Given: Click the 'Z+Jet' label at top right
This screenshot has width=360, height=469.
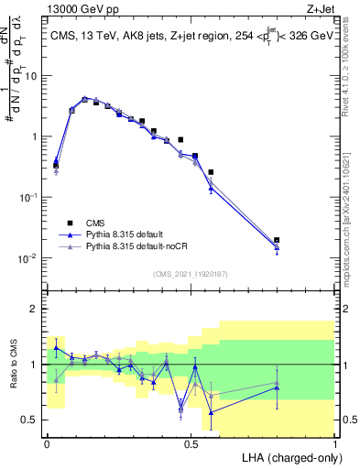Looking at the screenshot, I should (x=320, y=10).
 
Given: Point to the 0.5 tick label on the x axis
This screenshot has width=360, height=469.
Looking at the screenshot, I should (x=191, y=443).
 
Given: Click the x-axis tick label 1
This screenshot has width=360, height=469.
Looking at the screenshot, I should (x=335, y=443).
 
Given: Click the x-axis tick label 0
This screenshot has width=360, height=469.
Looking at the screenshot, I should (x=47, y=443).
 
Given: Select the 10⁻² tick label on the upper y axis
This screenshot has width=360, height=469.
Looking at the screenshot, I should (x=29, y=258).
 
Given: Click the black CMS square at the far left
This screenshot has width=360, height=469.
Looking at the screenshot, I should (x=56, y=166).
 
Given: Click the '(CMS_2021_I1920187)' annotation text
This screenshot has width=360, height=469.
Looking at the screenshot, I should (x=191, y=273).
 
